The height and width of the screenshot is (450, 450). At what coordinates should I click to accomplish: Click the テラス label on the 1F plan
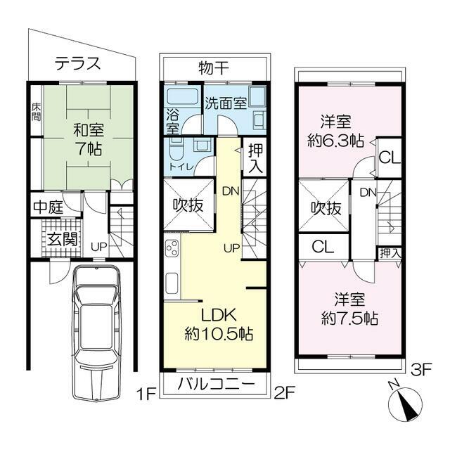point(78,63)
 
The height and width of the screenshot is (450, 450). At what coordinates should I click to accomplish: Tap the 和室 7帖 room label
point(89,139)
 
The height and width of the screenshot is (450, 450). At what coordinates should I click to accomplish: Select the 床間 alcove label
point(36,112)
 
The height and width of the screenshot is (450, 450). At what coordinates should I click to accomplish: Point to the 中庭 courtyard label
point(49,207)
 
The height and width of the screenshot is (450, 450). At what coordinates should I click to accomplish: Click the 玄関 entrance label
point(63,239)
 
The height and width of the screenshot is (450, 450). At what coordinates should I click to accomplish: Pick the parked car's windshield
point(98,295)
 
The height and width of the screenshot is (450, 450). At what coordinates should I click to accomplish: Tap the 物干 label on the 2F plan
point(214,68)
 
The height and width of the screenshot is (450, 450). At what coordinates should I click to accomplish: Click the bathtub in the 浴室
point(183,97)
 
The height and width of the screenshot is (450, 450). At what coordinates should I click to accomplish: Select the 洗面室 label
point(226,103)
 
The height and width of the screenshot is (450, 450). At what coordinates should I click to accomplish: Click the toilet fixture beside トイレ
point(176,149)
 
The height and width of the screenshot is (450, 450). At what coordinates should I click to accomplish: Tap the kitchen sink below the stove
point(172,283)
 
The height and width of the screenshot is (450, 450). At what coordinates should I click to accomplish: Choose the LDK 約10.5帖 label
point(219,324)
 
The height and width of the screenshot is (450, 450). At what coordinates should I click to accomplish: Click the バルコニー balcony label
point(216,385)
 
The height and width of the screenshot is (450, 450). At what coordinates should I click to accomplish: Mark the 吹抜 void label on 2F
point(188,205)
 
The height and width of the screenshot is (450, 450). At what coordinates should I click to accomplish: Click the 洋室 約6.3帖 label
point(336,131)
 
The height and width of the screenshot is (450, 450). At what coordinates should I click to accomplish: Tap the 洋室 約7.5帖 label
point(349,309)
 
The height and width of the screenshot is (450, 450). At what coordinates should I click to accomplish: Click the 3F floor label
point(421,371)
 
